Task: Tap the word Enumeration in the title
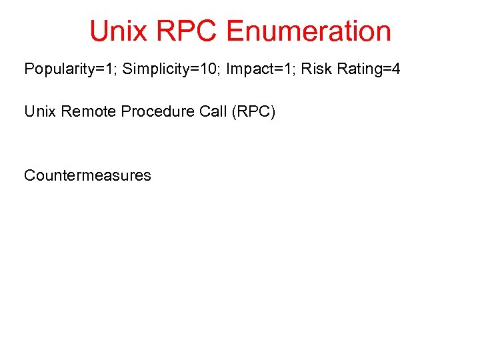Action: pyautogui.click(x=309, y=31)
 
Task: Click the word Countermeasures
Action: pyautogui.click(x=87, y=175)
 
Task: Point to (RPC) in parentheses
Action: pyautogui.click(x=253, y=111)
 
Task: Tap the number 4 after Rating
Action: pyautogui.click(x=396, y=69)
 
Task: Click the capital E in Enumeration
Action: pyautogui.click(x=235, y=31)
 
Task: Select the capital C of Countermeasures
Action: pyautogui.click(x=29, y=175)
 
